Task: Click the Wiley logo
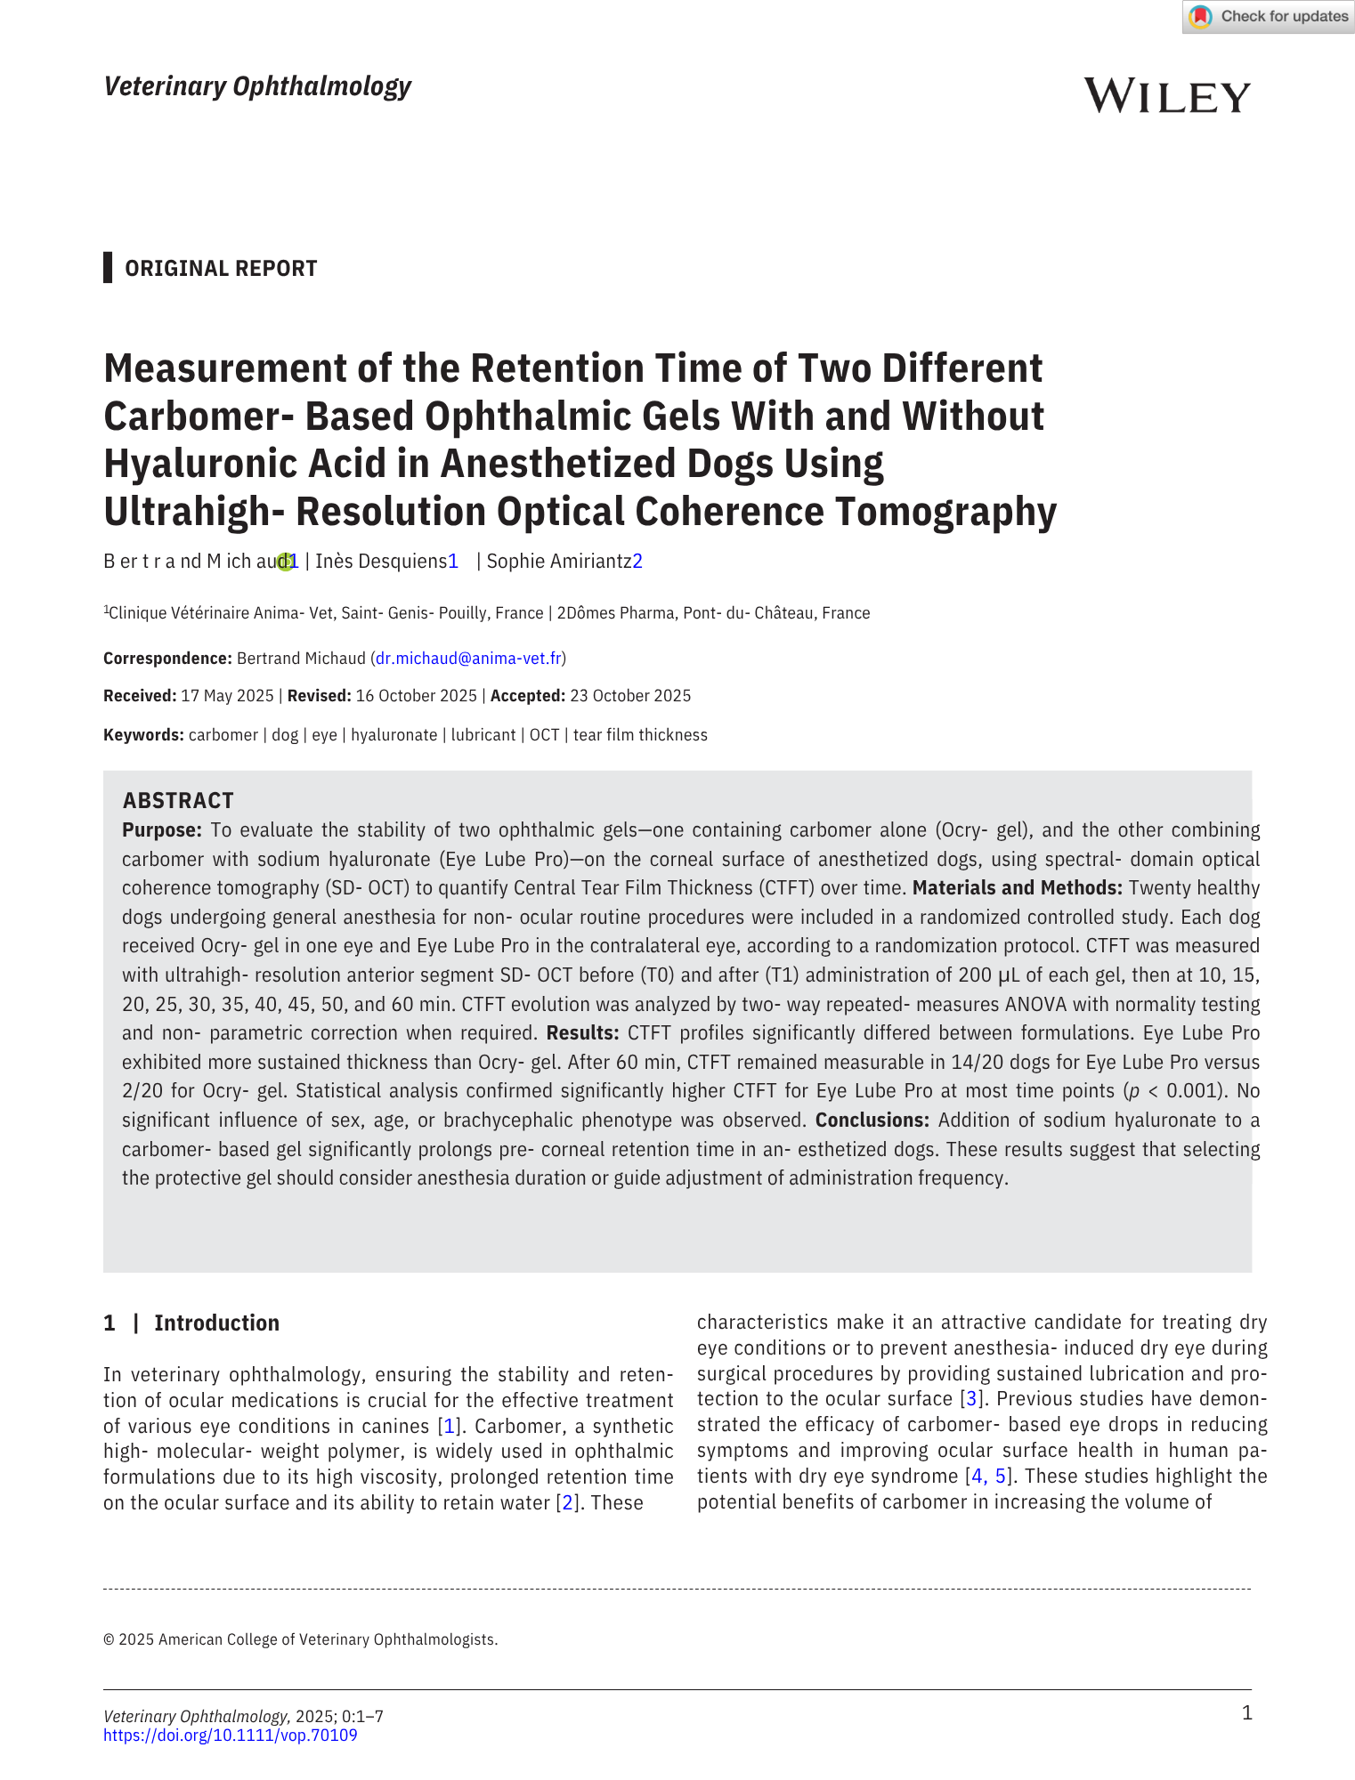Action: [1166, 96]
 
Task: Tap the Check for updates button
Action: [1268, 17]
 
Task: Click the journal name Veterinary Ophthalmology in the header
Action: [257, 86]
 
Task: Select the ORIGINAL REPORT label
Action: [221, 269]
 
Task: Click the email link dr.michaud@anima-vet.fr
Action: [468, 659]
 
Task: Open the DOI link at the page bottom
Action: [230, 1735]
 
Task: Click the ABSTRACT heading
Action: [178, 800]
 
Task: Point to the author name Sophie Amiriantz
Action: [558, 562]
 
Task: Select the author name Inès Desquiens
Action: [380, 562]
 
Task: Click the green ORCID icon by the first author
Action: [284, 562]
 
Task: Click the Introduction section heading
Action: [216, 1323]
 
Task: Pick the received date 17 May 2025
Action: [227, 696]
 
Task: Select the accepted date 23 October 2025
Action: [630, 696]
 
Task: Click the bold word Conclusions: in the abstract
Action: [872, 1120]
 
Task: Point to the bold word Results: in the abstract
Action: [582, 1033]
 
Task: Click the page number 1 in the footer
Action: [1246, 1713]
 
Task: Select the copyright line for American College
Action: [301, 1639]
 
